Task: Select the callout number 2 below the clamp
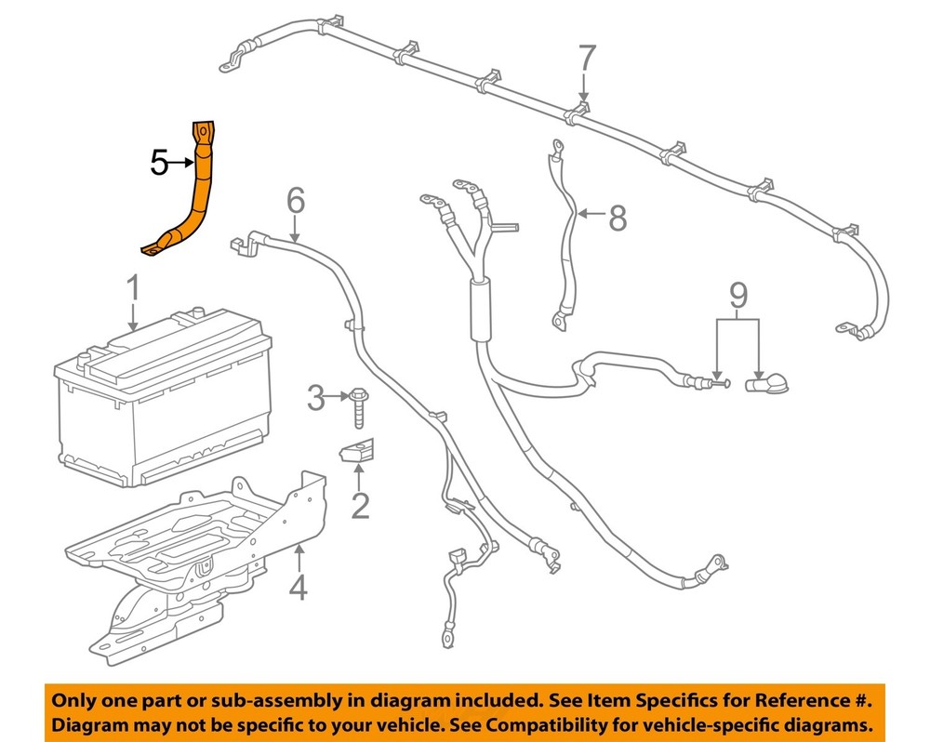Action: (359, 506)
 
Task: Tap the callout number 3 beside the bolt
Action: (317, 400)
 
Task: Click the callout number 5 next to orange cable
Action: (159, 165)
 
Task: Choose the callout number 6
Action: (295, 200)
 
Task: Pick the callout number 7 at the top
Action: (584, 59)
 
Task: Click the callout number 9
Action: (737, 296)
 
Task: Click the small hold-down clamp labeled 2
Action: (356, 452)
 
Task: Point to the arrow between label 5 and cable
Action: (181, 165)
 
